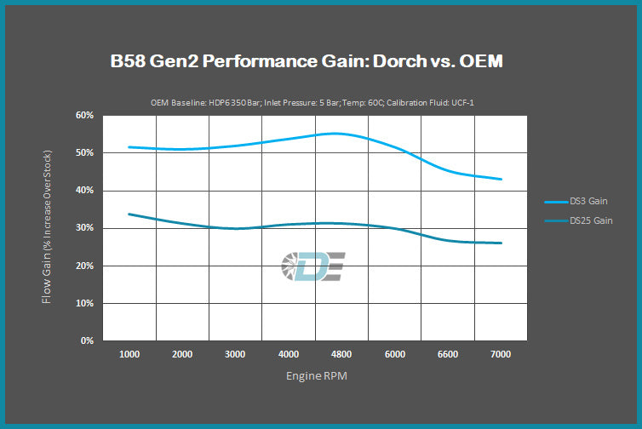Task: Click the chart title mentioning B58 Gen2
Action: pos(319,62)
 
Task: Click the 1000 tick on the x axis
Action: pos(129,353)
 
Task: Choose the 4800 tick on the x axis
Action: pos(341,353)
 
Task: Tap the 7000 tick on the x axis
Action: pos(500,353)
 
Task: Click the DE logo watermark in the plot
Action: pos(312,266)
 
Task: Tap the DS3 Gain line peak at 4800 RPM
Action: pos(341,134)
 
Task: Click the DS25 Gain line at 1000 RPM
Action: pos(129,214)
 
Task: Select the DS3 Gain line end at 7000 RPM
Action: pos(501,179)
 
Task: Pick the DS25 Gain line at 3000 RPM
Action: pos(235,228)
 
